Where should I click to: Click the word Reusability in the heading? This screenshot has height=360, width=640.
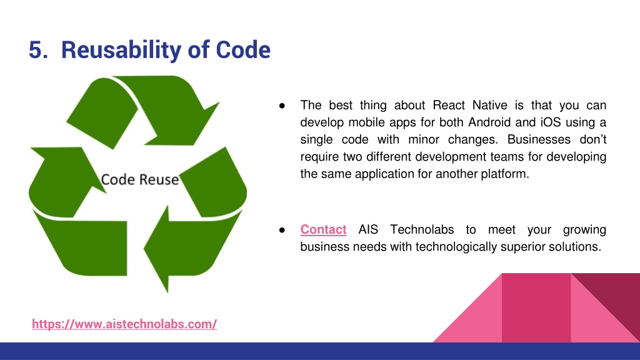point(121,50)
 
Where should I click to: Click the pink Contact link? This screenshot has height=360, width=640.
point(323,229)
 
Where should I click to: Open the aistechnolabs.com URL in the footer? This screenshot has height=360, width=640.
point(124,324)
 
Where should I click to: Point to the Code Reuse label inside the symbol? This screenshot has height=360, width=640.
point(139,179)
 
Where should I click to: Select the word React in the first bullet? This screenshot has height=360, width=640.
point(449,105)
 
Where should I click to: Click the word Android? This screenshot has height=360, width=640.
point(489,122)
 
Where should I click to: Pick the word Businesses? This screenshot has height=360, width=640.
point(539,139)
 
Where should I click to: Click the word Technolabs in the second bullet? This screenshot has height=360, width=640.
point(422,229)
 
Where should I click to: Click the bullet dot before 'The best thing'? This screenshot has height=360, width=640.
point(282,106)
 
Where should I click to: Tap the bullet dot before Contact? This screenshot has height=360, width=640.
point(282,230)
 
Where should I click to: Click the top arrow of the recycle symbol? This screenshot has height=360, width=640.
point(143,110)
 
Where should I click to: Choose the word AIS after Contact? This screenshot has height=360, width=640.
point(368,229)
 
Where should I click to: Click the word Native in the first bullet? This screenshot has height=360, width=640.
point(490,105)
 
